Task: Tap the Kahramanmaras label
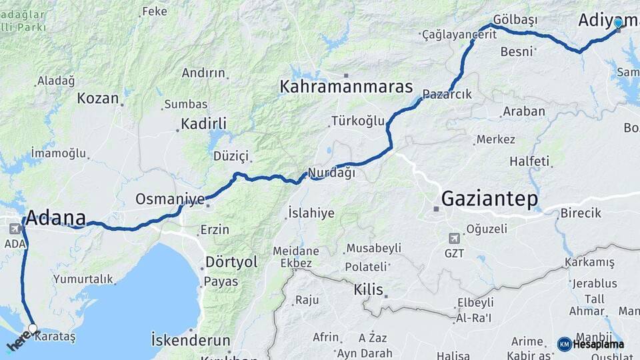tap(346, 87)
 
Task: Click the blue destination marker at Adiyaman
tap(618, 23)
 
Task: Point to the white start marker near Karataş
tap(32, 328)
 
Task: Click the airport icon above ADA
tap(15, 229)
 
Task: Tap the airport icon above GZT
tap(455, 238)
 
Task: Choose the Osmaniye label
tap(170, 199)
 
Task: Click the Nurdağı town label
tap(331, 173)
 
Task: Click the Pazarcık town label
tap(447, 95)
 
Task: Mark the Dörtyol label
tap(231, 262)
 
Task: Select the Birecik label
tap(581, 213)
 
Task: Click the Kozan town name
tap(97, 98)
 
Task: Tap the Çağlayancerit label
tap(459, 35)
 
